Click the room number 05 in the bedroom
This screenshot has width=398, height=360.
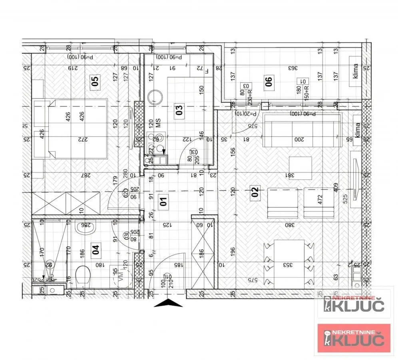click(95, 82)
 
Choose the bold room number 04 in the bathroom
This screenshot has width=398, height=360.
click(95, 250)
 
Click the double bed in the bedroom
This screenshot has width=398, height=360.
click(78, 129)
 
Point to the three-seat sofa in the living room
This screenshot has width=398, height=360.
click(302, 130)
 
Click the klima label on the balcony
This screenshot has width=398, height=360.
click(355, 72)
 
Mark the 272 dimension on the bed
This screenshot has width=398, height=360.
click(83, 139)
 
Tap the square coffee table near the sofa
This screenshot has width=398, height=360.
click(300, 164)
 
